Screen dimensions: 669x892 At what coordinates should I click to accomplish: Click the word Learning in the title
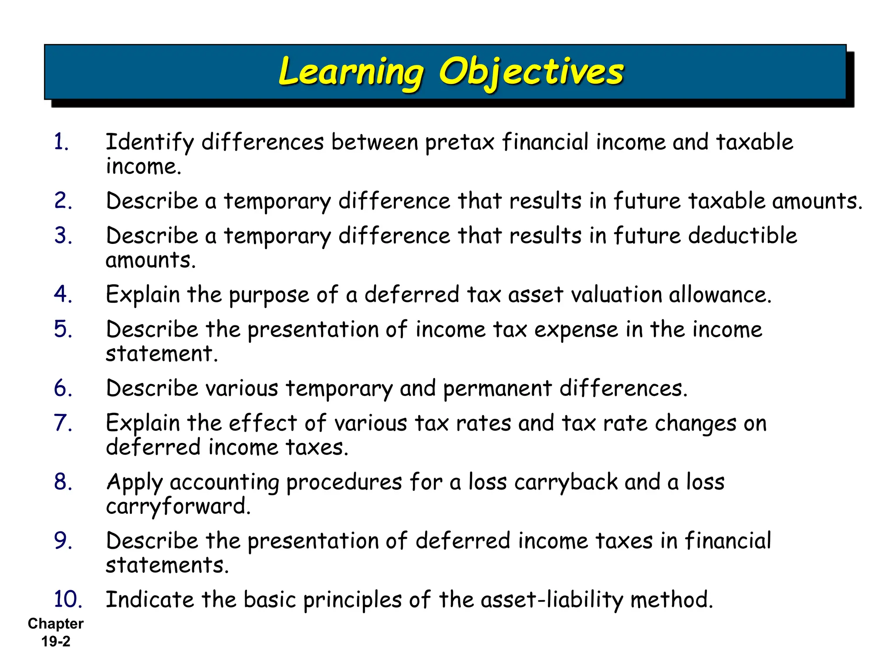point(350,72)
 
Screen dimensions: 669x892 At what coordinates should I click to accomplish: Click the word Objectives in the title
point(531,72)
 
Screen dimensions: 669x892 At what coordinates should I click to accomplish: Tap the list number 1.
point(61,142)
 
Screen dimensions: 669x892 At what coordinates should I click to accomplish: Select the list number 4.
point(63,294)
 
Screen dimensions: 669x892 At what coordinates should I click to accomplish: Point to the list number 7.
point(63,423)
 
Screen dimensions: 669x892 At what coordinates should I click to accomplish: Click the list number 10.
point(68,599)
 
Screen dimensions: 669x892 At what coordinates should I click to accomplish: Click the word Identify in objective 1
point(150,143)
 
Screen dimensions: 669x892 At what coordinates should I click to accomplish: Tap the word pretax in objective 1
point(460,143)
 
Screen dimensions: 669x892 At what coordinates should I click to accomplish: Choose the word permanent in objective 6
point(497,389)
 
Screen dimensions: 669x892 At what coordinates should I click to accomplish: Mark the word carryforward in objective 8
point(178,507)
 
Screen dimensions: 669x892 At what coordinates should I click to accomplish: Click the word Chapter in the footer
point(56,624)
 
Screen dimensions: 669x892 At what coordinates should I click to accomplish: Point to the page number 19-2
point(56,642)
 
